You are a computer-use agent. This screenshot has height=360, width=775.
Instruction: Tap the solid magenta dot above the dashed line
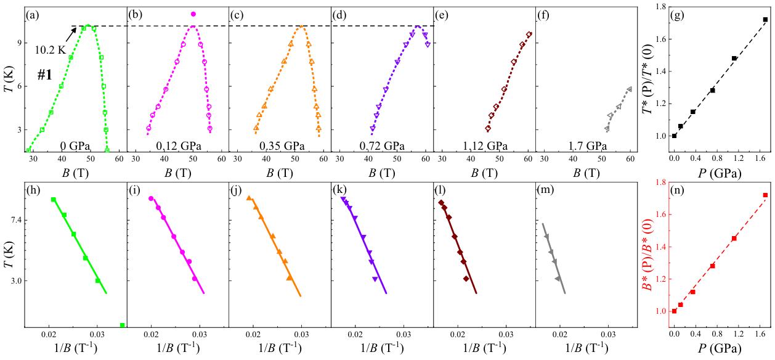[x=193, y=14]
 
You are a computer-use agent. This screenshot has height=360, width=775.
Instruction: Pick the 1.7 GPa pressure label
[x=586, y=147]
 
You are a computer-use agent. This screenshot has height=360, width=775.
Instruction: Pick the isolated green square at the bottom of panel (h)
[x=123, y=325]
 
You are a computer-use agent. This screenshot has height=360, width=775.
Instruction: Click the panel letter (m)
[x=548, y=190]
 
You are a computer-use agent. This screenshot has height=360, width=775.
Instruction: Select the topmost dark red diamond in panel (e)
[x=529, y=35]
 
